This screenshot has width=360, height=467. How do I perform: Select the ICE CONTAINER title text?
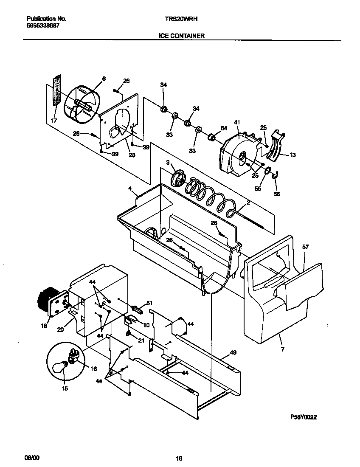click(x=182, y=36)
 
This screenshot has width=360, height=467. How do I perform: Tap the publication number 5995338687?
click(x=43, y=25)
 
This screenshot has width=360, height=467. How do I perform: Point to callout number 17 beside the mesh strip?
click(x=53, y=121)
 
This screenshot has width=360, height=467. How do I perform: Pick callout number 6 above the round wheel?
click(x=104, y=79)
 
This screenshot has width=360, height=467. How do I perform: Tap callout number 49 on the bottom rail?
click(x=233, y=352)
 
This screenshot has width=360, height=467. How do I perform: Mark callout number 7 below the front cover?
click(x=283, y=349)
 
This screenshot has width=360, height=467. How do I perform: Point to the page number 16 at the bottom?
click(x=179, y=458)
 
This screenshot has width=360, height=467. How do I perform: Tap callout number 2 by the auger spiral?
click(x=248, y=203)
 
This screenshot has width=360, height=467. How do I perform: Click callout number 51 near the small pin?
click(x=149, y=303)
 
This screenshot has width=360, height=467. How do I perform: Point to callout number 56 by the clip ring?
click(x=277, y=194)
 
